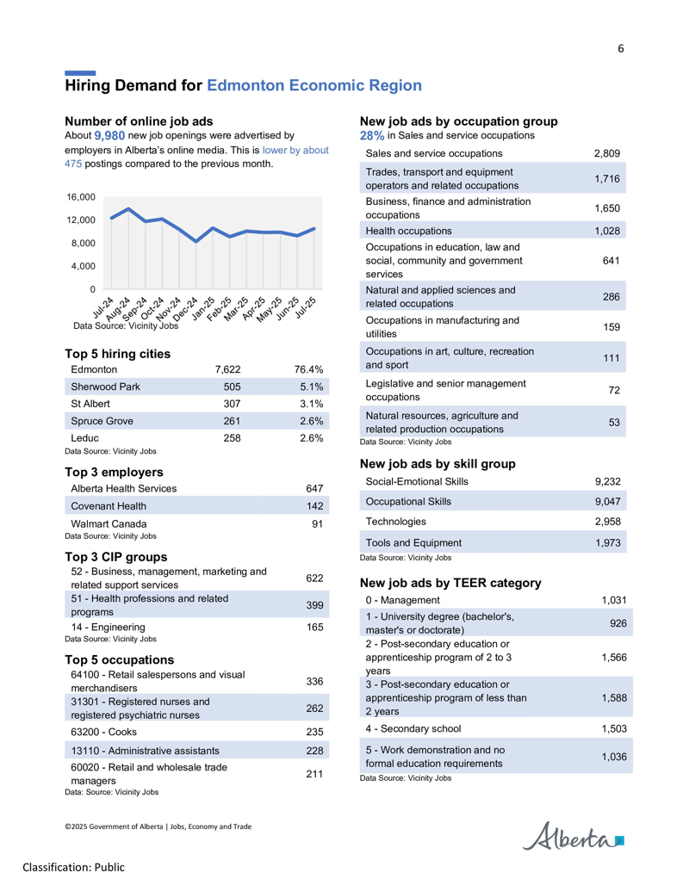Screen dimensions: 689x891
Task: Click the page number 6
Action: [x=621, y=49]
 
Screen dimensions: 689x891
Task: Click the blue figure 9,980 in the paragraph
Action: [x=109, y=136]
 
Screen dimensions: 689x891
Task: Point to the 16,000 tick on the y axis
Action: [x=81, y=197]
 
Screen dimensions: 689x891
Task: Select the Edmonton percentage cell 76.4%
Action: [x=308, y=369]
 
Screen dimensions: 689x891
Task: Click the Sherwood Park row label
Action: [x=105, y=387]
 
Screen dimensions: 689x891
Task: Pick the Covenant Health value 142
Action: [x=315, y=506]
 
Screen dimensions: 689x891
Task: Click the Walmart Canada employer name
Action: [x=109, y=524]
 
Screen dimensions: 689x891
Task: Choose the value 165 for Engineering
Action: [x=315, y=628]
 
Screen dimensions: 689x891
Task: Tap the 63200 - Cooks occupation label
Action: [x=103, y=732]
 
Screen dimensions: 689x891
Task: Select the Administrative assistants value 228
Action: [x=315, y=751]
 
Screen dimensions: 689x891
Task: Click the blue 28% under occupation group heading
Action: [x=372, y=136]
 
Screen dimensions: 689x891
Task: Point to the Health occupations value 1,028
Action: [x=607, y=232]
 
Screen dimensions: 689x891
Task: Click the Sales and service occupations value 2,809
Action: [x=607, y=153]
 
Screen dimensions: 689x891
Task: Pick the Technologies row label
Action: [x=395, y=522]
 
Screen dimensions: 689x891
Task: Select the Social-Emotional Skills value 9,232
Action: [x=608, y=482]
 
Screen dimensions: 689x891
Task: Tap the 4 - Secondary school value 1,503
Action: [x=615, y=729]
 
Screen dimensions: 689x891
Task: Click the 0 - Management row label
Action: [x=402, y=601]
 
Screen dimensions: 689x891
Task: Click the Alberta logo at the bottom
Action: [x=573, y=837]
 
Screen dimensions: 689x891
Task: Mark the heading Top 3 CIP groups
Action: [x=116, y=557]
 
